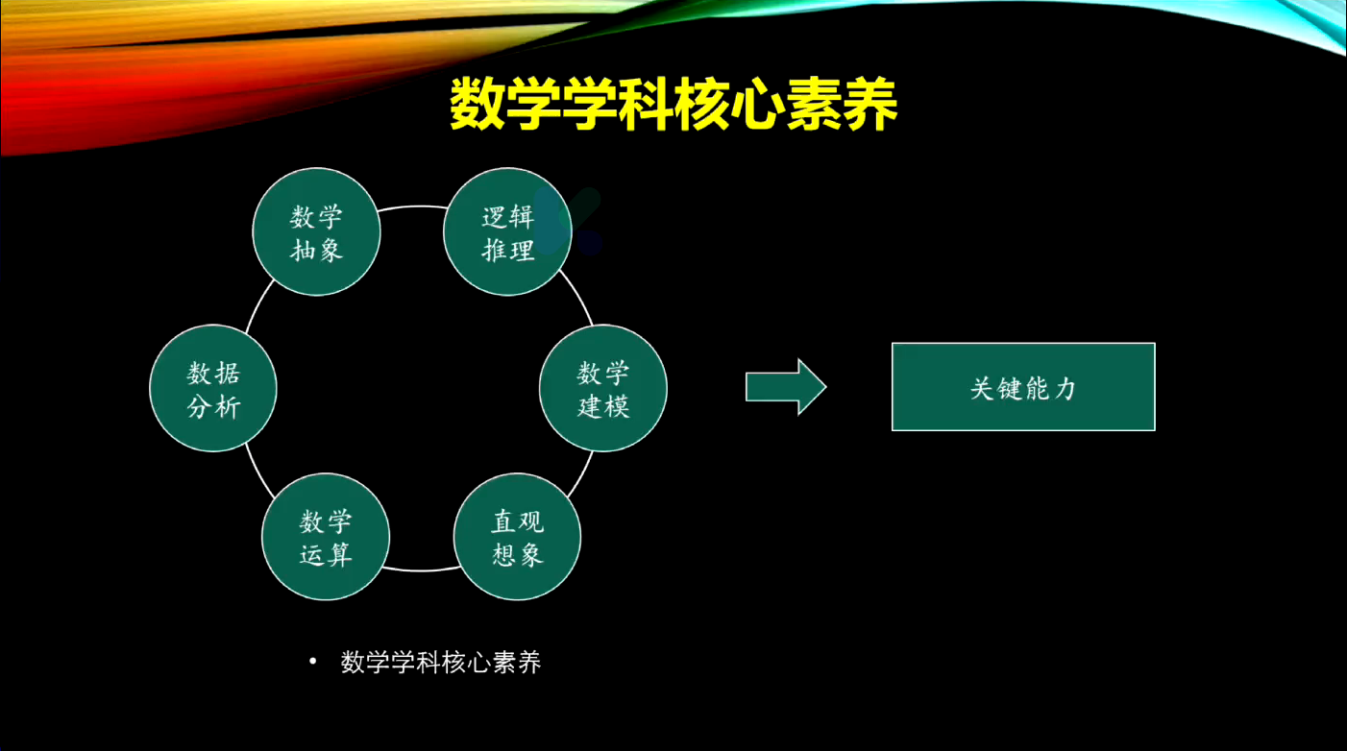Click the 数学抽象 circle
pyautogui.click(x=316, y=232)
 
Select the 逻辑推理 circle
pyautogui.click(x=507, y=232)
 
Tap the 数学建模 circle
pyautogui.click(x=603, y=388)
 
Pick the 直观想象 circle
pyautogui.click(x=517, y=537)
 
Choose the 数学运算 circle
pyautogui.click(x=326, y=537)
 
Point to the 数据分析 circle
pyautogui.click(x=213, y=388)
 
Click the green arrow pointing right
pyautogui.click(x=786, y=387)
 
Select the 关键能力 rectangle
pyautogui.click(x=1023, y=387)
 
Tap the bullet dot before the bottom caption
pyautogui.click(x=312, y=662)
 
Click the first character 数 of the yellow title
pyautogui.click(x=478, y=104)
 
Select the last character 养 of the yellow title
pyautogui.click(x=870, y=104)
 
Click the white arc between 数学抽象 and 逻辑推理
pyautogui.click(x=412, y=206)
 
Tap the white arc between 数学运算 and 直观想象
pyautogui.click(x=421, y=569)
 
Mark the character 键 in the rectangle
pyautogui.click(x=1011, y=388)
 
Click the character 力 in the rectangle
pyautogui.click(x=1065, y=388)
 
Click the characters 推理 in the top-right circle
pyautogui.click(x=507, y=250)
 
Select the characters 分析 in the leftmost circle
pyautogui.click(x=213, y=407)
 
